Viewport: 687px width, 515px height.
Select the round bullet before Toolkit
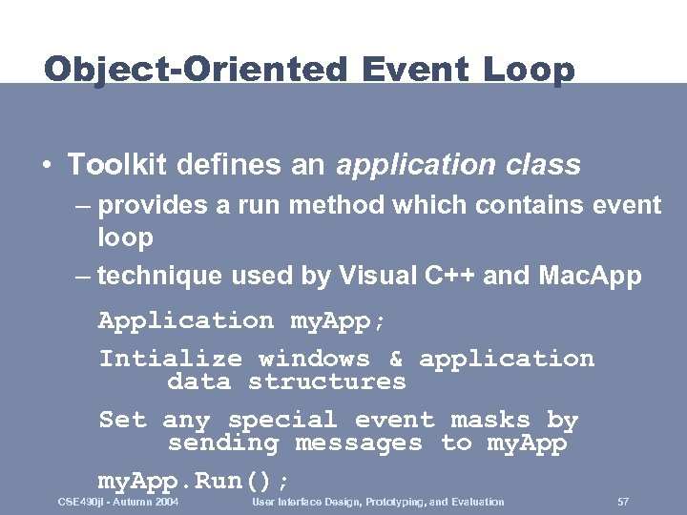click(47, 165)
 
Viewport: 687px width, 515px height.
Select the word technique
click(154, 277)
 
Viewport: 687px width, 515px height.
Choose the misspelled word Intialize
click(172, 360)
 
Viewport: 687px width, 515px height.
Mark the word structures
click(326, 382)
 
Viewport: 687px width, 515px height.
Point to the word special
click(282, 421)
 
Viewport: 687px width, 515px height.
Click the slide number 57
click(623, 502)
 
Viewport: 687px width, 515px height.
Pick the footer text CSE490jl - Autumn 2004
click(118, 502)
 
